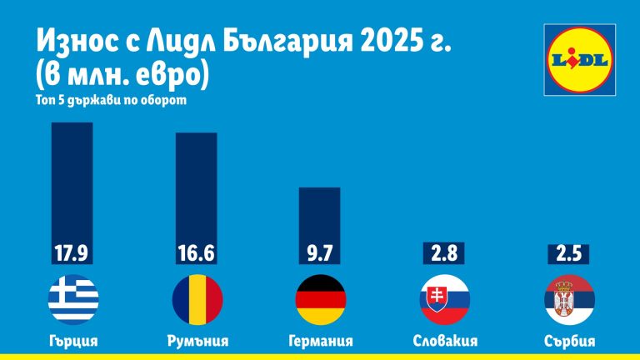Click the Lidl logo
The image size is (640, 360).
[x=580, y=57]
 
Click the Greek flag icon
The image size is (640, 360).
[x=73, y=299]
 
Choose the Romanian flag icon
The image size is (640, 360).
[x=197, y=299]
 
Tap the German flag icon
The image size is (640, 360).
[x=321, y=299]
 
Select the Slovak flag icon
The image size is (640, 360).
[x=444, y=299]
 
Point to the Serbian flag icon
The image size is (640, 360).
[x=568, y=299]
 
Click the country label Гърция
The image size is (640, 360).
[x=73, y=341]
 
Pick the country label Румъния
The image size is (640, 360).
[x=197, y=341]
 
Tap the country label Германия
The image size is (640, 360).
[x=320, y=341]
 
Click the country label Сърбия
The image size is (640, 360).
[x=568, y=341]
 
